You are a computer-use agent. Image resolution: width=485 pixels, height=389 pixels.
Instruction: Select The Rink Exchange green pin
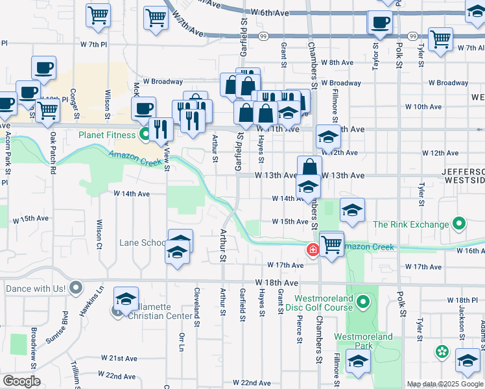click(x=460, y=224)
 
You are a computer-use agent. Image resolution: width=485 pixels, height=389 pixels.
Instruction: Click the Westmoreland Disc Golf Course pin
click(x=364, y=301)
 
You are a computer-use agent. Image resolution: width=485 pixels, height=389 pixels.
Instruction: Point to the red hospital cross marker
click(x=313, y=250)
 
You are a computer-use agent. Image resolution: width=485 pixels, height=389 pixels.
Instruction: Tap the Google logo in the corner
click(x=21, y=381)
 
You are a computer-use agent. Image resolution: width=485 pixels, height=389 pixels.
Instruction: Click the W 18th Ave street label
click(x=277, y=283)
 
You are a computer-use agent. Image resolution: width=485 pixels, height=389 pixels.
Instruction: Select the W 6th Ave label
click(x=273, y=13)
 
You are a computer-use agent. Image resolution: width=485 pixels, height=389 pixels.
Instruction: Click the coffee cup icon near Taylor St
click(x=379, y=23)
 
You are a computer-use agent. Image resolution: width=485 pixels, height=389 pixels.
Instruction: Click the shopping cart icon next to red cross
click(x=331, y=243)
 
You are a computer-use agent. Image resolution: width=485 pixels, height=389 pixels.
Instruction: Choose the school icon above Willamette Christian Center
click(x=126, y=298)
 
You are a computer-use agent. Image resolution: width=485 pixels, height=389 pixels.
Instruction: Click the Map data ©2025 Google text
click(x=445, y=384)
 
